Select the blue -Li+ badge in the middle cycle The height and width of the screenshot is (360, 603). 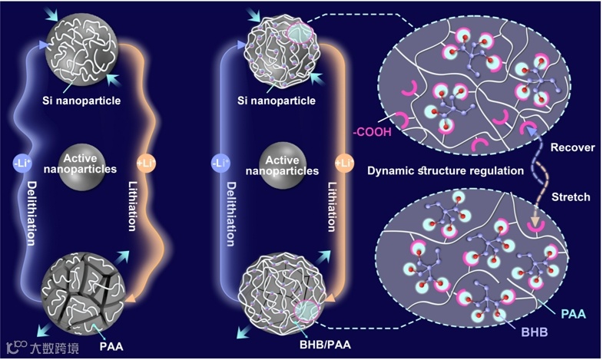pyautogui.click(x=221, y=163)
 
